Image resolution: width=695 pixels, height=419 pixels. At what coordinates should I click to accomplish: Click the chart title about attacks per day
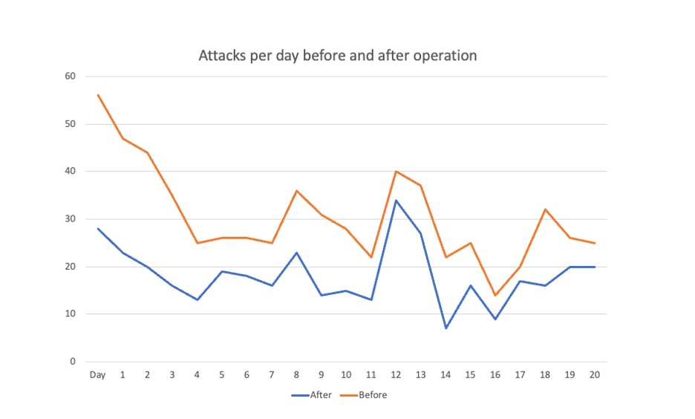(x=337, y=56)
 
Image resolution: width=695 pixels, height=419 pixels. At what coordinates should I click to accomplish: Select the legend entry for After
(x=311, y=395)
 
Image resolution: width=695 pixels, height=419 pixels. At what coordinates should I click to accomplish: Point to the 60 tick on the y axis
(x=71, y=77)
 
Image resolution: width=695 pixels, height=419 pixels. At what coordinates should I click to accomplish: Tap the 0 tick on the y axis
(x=73, y=362)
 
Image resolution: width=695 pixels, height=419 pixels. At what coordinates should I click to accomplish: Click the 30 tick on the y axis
(x=71, y=219)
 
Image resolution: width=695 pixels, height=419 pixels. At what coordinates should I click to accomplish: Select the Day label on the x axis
(x=97, y=374)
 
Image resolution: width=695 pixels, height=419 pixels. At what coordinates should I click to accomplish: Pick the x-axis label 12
(x=396, y=374)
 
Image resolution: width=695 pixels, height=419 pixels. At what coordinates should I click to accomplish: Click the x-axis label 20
(x=594, y=374)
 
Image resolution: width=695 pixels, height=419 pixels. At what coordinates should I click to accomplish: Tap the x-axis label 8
(x=296, y=374)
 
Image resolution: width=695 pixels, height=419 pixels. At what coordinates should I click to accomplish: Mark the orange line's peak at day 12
(x=396, y=172)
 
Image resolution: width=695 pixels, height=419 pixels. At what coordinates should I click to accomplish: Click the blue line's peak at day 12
(x=396, y=200)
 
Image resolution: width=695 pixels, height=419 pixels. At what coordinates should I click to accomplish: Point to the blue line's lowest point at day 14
(x=446, y=328)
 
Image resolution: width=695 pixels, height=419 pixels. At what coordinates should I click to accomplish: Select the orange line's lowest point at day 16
(x=495, y=295)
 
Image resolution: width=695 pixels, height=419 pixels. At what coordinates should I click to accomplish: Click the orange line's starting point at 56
(x=97, y=95)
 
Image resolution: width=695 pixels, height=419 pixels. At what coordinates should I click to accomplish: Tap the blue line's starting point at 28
(x=97, y=229)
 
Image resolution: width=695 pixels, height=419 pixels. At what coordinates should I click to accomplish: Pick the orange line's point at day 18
(x=545, y=209)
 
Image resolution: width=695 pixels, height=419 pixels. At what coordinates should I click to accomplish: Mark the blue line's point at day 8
(x=296, y=253)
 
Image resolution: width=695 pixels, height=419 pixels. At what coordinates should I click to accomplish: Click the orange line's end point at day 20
(x=594, y=243)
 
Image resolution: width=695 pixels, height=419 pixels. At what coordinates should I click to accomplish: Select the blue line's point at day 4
(x=197, y=300)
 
